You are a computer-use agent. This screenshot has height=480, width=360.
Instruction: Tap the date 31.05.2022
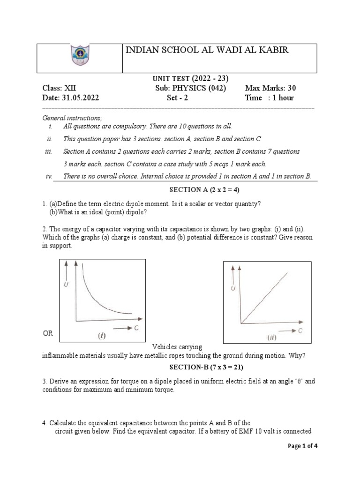click(x=71, y=98)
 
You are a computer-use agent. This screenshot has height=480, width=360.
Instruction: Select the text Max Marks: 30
click(x=270, y=88)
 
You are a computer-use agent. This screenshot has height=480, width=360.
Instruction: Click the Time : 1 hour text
click(x=269, y=98)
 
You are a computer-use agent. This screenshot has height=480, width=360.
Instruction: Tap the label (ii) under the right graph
click(x=271, y=337)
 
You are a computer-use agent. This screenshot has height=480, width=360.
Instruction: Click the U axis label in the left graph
click(x=67, y=284)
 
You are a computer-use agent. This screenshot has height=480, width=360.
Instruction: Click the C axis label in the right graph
click(x=300, y=331)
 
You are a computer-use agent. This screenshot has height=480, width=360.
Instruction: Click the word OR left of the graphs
click(x=48, y=333)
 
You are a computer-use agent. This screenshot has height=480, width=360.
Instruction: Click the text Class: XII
click(x=59, y=88)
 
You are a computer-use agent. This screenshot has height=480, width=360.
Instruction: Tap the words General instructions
click(x=65, y=118)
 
